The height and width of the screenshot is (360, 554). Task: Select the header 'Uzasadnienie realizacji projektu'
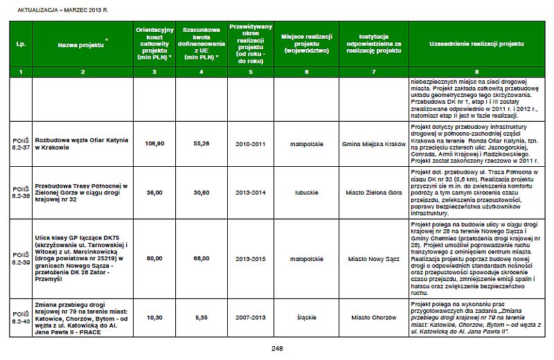[x=476, y=43]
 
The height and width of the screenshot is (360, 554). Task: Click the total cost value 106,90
[x=154, y=143]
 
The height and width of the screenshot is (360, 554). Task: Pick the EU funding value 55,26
[x=201, y=143]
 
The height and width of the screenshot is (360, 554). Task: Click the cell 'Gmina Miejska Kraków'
[x=373, y=143]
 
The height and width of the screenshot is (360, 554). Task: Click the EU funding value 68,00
[x=201, y=258]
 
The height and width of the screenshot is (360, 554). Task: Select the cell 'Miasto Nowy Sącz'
[x=373, y=258]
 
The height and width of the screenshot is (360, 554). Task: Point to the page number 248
[x=277, y=348]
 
